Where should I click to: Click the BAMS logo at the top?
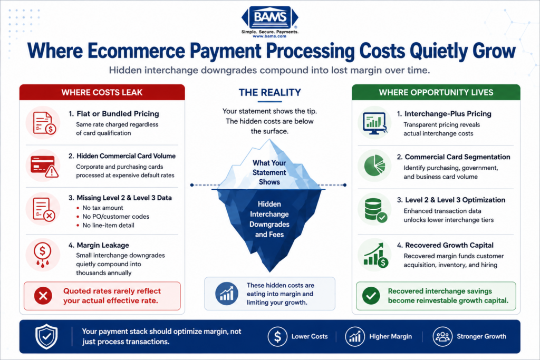click(x=269, y=17)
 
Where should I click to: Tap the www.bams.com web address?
click(x=269, y=36)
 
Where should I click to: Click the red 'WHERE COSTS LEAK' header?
click(x=102, y=92)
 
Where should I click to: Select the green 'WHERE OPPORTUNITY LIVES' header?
click(x=436, y=92)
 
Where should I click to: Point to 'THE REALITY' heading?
click(x=270, y=92)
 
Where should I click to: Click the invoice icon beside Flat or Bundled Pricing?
click(x=44, y=123)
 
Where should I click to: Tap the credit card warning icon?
click(x=44, y=167)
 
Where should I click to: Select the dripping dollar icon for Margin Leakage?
click(x=42, y=255)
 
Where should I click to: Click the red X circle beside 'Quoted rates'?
click(x=43, y=296)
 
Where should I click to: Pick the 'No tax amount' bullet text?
click(x=103, y=208)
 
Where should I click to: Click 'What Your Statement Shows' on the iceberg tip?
click(x=269, y=172)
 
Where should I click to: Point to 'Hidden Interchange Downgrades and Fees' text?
click(x=269, y=219)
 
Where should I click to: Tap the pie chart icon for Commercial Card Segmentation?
click(x=375, y=166)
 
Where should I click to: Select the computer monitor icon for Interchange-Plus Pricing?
click(x=375, y=123)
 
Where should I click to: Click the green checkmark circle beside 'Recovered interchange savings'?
click(x=371, y=296)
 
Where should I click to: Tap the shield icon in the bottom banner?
click(x=46, y=336)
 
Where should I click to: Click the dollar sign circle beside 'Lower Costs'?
click(x=277, y=336)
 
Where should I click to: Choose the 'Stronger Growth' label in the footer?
click(x=481, y=336)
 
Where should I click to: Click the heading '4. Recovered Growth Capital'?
click(x=445, y=245)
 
